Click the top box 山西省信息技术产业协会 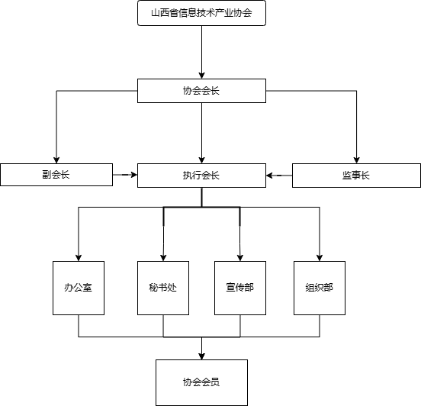coord(201,13)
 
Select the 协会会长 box coord(201,91)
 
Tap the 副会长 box coord(56,175)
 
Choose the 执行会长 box coord(201,176)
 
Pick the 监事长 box coord(356,176)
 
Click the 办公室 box coord(79,288)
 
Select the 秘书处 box coord(163,288)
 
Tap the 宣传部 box coord(240,288)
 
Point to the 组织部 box coord(320,288)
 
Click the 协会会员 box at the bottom coord(201,382)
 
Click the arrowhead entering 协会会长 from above coord(201,76)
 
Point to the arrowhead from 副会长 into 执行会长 coord(133,175)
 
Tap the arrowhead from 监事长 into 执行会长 coord(269,176)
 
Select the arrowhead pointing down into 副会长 coord(56,159)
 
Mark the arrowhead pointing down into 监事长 coord(356,159)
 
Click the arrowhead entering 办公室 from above coord(79,258)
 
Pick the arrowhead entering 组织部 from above coord(320,258)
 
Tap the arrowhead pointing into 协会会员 coord(201,356)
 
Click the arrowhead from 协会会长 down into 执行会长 coord(201,159)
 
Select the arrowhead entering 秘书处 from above coord(163,258)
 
